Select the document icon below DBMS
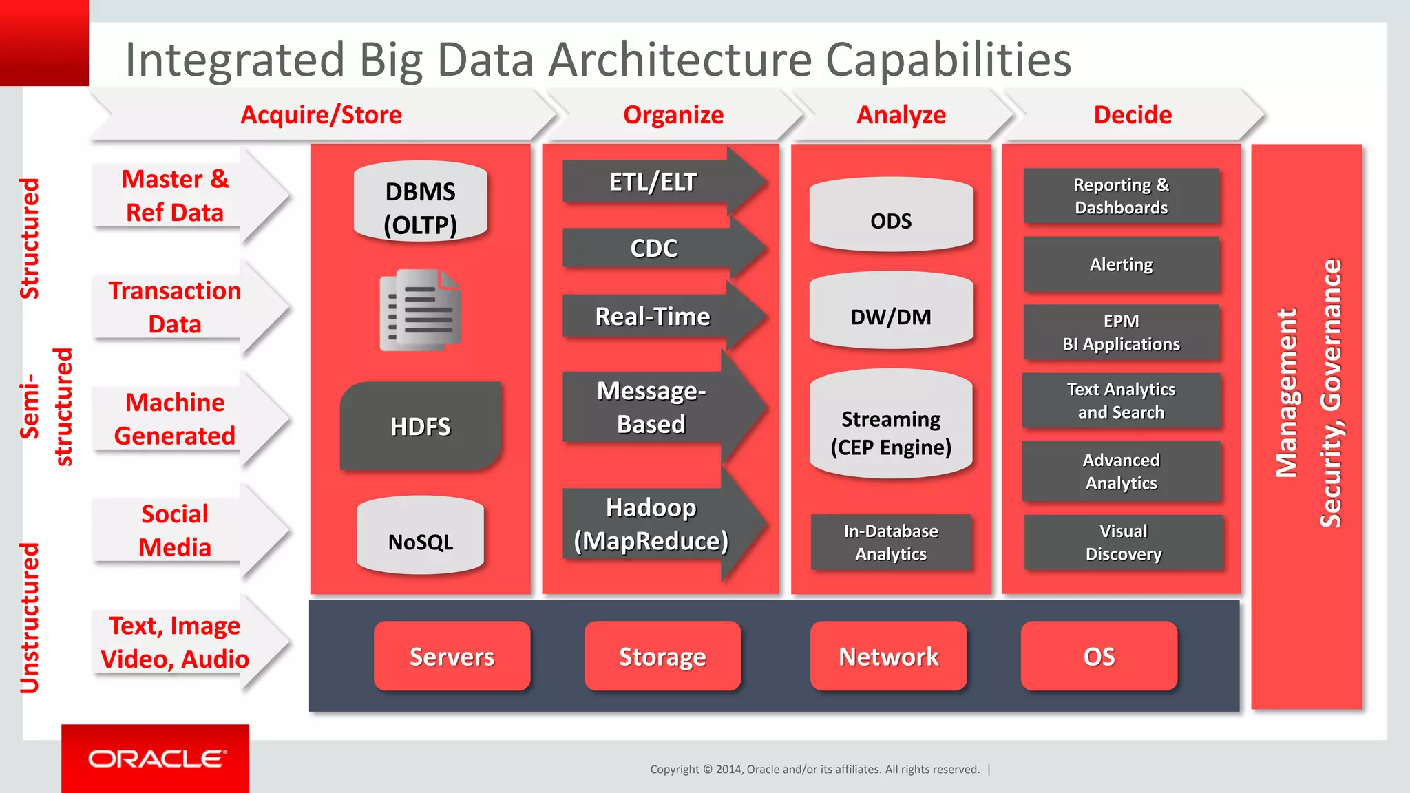[420, 310]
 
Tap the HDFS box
[420, 426]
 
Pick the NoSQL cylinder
[420, 536]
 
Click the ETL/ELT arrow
[654, 182]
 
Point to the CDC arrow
[654, 248]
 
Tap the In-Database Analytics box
[891, 542]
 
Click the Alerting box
[1121, 264]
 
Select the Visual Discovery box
[1123, 542]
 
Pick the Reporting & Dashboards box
[1121, 196]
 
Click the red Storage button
[662, 656]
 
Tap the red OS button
[1099, 656]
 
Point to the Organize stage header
[673, 114]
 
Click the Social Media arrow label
[175, 530]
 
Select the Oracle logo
[156, 759]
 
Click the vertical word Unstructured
[30, 617]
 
